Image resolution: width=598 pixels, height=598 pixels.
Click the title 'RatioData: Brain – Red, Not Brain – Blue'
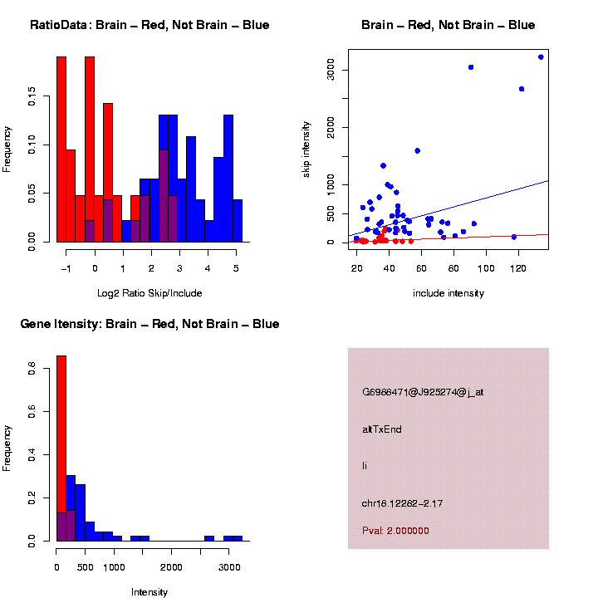(149, 25)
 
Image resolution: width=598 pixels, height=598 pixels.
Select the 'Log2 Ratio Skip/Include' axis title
(149, 293)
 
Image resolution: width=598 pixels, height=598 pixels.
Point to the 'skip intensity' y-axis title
(306, 147)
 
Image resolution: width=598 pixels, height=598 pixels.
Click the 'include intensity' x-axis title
(448, 293)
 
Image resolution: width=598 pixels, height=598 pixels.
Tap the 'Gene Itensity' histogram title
(149, 324)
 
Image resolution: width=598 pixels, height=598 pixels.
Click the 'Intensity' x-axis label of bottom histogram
(149, 592)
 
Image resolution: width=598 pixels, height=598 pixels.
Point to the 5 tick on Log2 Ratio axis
(237, 268)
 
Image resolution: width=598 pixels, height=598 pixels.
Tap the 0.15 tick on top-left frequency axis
(31, 98)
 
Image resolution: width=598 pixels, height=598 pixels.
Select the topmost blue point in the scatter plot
(541, 57)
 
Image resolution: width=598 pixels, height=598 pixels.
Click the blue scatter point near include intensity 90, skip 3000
(471, 67)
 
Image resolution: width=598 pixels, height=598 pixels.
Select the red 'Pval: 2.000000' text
(395, 530)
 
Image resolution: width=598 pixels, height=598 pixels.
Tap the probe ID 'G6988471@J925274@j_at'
(423, 392)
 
